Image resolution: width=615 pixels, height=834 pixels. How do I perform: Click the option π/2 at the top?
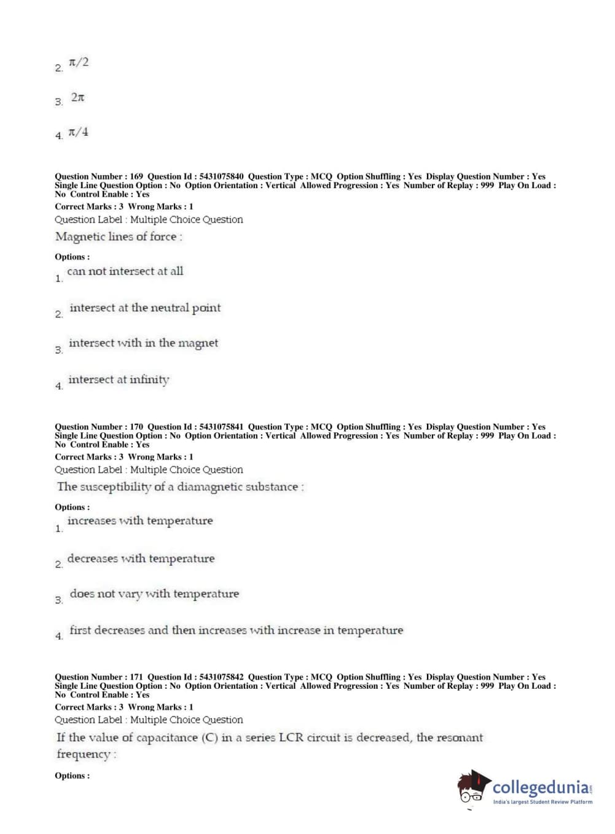click(x=79, y=62)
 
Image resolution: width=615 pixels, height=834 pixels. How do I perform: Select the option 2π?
click(x=77, y=97)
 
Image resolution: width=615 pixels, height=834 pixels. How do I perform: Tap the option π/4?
click(x=78, y=132)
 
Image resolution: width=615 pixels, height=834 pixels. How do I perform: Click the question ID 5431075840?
click(x=221, y=177)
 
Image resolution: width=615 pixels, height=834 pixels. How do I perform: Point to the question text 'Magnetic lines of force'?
click(x=118, y=237)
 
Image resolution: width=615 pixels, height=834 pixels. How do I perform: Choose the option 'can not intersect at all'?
click(x=125, y=271)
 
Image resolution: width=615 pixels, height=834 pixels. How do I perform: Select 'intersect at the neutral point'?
click(x=145, y=308)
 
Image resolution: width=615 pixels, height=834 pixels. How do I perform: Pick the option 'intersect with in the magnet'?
click(x=143, y=343)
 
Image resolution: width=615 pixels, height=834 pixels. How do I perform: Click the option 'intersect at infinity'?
click(x=119, y=379)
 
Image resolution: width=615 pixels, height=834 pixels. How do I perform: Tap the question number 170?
click(x=136, y=427)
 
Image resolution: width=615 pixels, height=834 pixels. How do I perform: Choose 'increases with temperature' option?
click(x=140, y=521)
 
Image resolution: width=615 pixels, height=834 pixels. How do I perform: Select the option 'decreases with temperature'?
click(x=141, y=558)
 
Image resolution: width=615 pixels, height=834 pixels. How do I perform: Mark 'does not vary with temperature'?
click(x=154, y=594)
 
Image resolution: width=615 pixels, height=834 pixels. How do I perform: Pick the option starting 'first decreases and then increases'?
click(x=236, y=630)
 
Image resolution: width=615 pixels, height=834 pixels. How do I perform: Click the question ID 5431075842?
click(x=221, y=677)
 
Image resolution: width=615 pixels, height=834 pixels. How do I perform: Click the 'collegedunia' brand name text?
click(x=541, y=787)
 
